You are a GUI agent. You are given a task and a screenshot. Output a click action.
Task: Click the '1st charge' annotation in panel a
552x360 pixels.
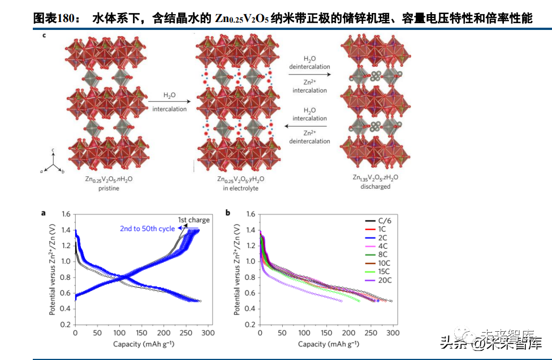coord(193,219)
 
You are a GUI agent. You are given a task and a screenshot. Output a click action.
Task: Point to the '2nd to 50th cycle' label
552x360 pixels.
coord(146,229)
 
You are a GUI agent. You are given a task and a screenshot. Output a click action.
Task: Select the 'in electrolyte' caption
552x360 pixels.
coord(240,188)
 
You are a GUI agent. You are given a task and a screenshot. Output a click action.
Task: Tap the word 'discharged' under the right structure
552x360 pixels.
coord(375,186)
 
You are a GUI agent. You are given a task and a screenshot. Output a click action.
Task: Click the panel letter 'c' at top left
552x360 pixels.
coord(45,36)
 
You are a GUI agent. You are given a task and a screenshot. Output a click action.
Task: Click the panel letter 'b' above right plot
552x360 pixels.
coord(227,213)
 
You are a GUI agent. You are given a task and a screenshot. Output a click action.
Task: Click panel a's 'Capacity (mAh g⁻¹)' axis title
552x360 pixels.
coord(141,344)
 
